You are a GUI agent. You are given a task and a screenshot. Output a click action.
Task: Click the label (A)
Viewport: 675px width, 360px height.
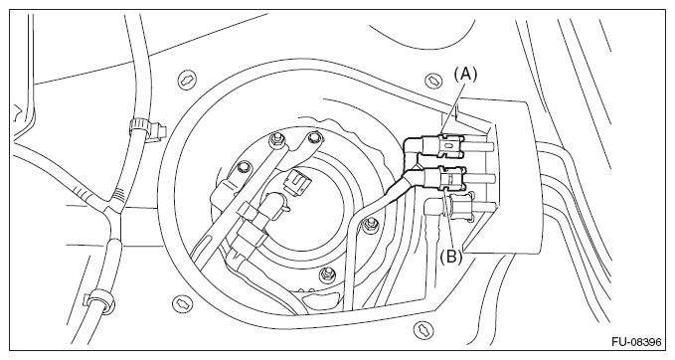[x=465, y=75]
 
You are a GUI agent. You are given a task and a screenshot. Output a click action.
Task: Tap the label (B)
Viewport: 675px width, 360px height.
[x=450, y=258]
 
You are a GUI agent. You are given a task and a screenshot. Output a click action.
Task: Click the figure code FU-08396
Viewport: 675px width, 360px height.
[x=636, y=342]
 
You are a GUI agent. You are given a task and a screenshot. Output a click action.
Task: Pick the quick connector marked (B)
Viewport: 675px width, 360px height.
[x=444, y=179]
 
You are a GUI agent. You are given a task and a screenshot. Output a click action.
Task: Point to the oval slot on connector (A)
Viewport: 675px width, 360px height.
[x=448, y=146]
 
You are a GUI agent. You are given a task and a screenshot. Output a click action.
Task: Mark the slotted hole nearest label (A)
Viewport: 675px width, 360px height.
[x=432, y=81]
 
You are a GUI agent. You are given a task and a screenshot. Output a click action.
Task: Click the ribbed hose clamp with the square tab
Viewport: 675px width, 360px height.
[x=145, y=127]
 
